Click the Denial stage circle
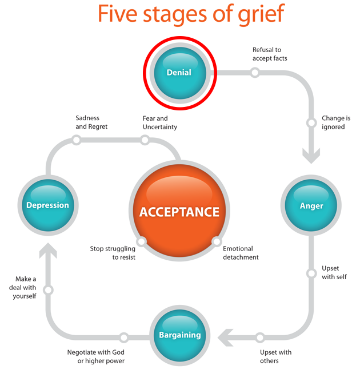(179, 73)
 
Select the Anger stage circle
(311, 205)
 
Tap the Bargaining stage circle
(179, 335)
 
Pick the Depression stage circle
(47, 205)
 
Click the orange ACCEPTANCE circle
(179, 212)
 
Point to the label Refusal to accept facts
(270, 54)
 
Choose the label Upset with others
(275, 356)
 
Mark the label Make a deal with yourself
(23, 287)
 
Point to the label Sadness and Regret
(91, 122)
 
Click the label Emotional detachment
(241, 253)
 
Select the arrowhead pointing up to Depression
(48, 251)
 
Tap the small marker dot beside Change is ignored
(311, 122)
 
